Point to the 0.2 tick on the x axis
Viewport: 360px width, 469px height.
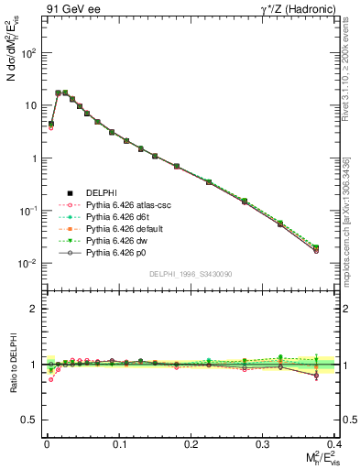190,442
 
